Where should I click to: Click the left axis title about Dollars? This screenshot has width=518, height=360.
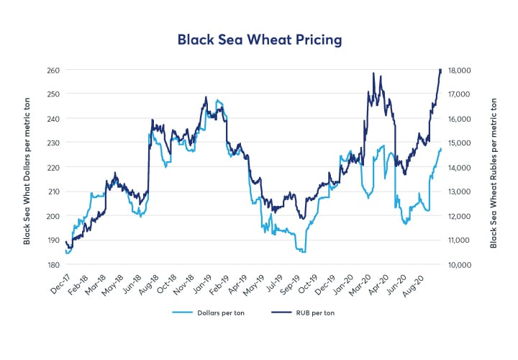27,168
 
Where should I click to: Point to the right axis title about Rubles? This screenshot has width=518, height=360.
494,168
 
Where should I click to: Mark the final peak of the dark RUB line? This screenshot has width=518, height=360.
440,69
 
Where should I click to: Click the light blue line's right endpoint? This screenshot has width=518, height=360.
441,148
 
